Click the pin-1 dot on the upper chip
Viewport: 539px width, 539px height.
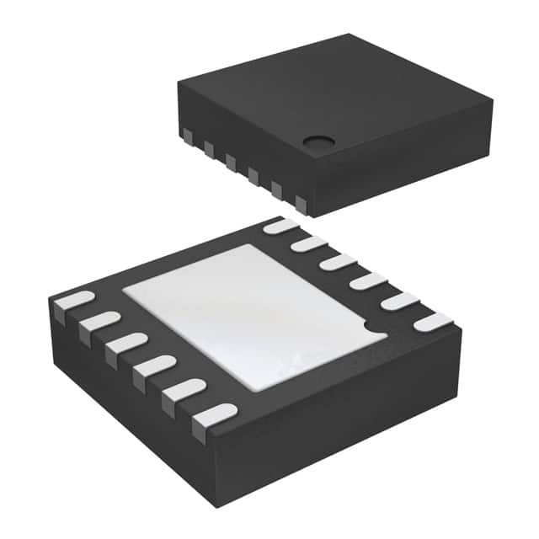[316, 144]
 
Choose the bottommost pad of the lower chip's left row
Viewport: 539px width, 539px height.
[214, 415]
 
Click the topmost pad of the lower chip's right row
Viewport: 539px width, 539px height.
[281, 226]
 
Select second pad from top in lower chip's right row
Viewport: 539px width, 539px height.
[309, 244]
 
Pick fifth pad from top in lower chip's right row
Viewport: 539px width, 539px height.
[400, 302]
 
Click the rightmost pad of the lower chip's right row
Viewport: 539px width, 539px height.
[433, 322]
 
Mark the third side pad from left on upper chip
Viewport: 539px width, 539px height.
[231, 162]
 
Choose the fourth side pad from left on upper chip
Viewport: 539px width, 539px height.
[253, 175]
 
